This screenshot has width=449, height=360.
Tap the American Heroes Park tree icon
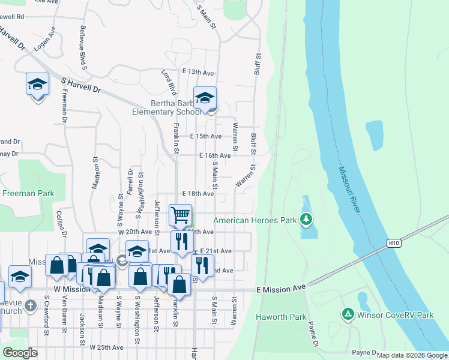point(307,220)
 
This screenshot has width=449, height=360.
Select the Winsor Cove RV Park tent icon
point(348,314)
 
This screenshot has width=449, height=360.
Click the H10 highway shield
point(393,243)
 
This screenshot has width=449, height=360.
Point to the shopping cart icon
point(180,215)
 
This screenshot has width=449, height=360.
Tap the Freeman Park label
point(28,193)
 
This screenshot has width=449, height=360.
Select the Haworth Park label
point(281,317)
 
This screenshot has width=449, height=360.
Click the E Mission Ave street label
point(281,289)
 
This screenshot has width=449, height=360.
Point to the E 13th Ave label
point(198,72)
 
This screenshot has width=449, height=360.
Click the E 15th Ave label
point(206,136)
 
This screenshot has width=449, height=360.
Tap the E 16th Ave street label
point(215,155)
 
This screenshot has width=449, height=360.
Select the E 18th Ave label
point(198,194)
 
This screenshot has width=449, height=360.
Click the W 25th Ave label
point(106,347)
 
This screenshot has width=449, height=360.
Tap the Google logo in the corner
point(19,353)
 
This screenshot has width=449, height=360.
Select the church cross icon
point(30,307)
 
